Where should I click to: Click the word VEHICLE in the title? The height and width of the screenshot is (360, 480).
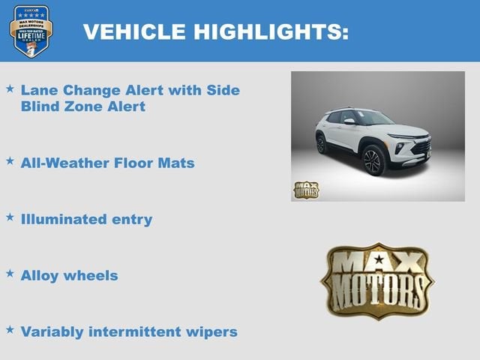pos(135,31)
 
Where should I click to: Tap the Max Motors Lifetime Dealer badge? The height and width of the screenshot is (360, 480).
pos(31,31)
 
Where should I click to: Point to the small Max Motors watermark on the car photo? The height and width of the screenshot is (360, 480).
pos(306,190)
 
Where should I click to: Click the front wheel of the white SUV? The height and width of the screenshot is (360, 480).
pos(373,160)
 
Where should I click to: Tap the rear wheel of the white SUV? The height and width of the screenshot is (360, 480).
pos(322,143)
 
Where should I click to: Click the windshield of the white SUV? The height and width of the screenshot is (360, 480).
pos(369,117)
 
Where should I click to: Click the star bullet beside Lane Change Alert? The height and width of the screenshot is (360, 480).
pos(10,88)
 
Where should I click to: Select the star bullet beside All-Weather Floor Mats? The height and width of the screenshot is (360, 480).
pos(10,160)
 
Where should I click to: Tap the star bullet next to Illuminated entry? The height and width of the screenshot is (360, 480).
pos(10,217)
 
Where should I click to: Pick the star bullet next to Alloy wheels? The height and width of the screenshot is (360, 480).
pos(10,273)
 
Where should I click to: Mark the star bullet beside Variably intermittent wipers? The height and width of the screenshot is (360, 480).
pos(10,329)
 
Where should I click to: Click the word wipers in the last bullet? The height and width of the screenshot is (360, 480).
pos(213,331)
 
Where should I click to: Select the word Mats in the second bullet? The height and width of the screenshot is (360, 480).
pos(176,163)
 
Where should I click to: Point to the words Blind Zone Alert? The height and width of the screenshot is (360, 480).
pos(82,106)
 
